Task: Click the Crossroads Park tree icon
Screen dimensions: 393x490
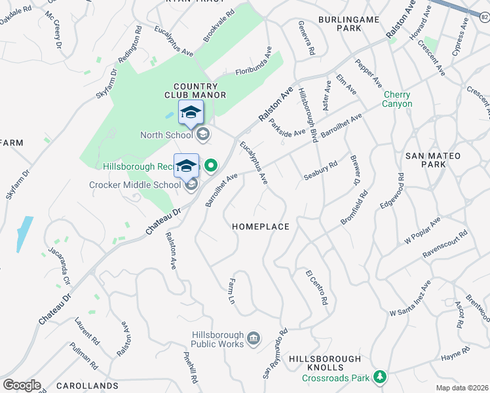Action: [x=379, y=377]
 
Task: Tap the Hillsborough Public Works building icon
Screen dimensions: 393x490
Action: [x=254, y=338]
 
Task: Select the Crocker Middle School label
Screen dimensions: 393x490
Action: [x=135, y=185]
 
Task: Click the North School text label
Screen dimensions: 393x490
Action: [x=166, y=135]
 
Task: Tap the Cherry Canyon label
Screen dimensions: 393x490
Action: [x=398, y=99]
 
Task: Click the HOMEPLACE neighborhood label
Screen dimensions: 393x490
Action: [x=261, y=227]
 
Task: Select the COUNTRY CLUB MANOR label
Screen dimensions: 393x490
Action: [x=200, y=90]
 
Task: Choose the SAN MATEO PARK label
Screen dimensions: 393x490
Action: [x=433, y=161]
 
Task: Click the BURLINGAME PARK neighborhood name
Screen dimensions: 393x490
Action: [x=349, y=24]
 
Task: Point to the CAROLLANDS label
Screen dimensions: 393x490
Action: [x=87, y=386]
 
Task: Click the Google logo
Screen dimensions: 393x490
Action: [x=22, y=385]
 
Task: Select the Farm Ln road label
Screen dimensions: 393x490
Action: [x=231, y=291]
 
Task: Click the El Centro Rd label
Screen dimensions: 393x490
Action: [x=316, y=288]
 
